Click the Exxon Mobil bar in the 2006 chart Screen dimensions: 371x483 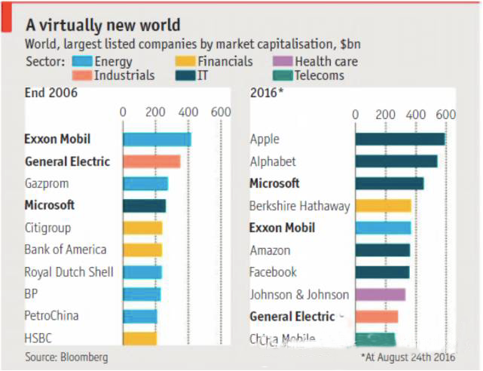[157, 140]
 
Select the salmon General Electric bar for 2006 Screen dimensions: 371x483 [151, 161]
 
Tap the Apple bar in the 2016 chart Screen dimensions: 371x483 [400, 140]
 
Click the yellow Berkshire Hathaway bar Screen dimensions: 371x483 [384, 206]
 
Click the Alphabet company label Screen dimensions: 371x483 [273, 161]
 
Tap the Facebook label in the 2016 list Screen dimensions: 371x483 [274, 272]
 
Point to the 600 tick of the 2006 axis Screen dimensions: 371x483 [221, 112]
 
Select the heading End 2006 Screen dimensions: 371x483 [51, 94]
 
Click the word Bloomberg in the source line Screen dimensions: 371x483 [84, 356]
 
